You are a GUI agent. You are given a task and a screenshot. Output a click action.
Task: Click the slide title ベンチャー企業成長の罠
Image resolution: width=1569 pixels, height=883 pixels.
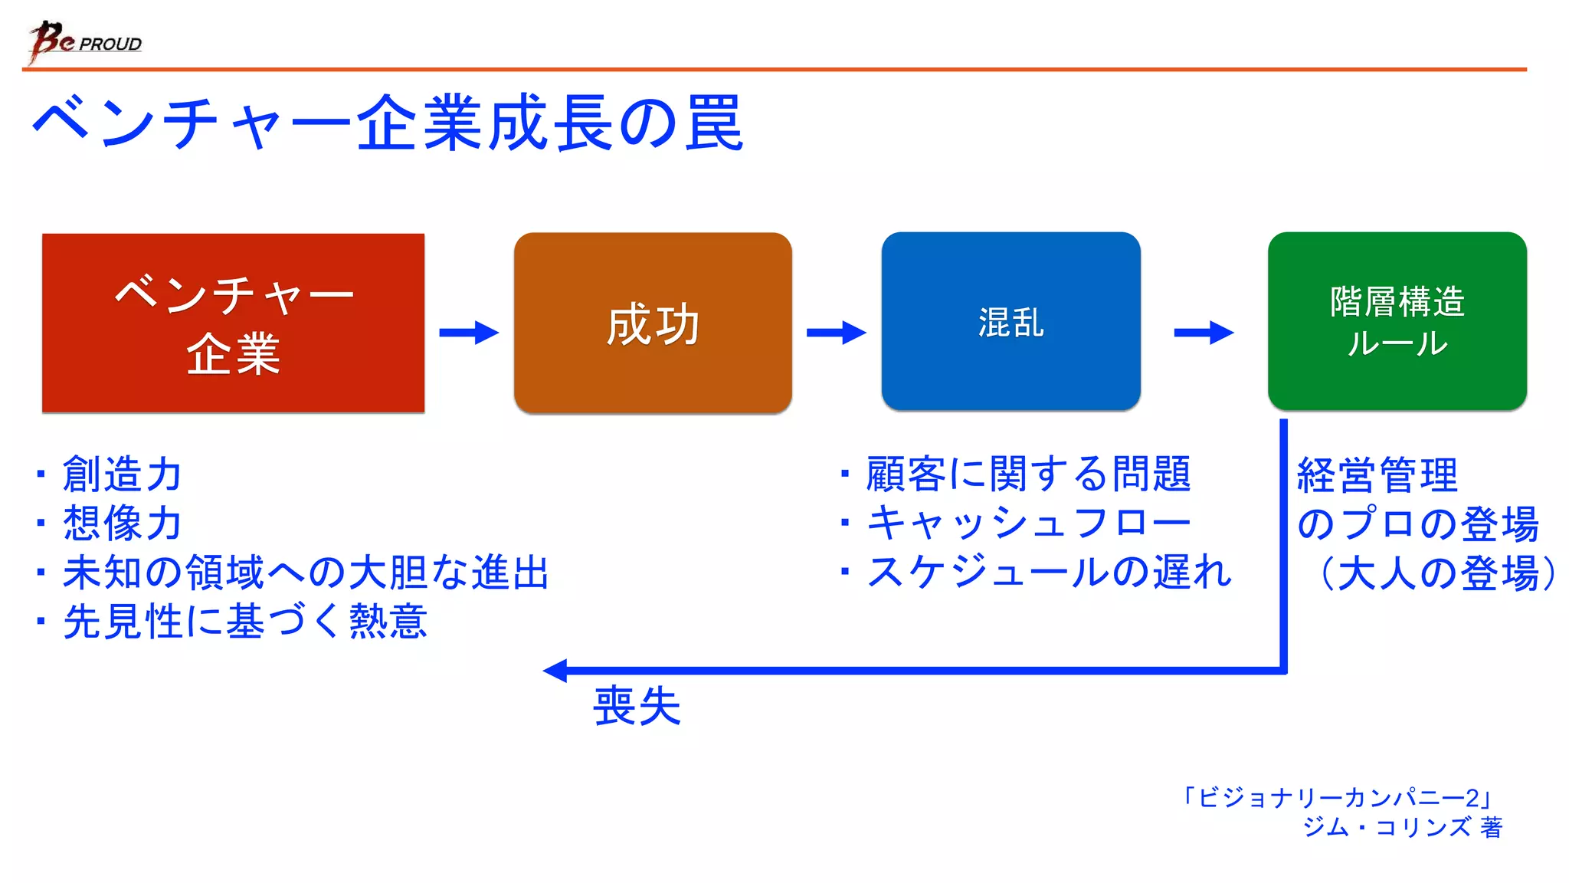[x=388, y=123]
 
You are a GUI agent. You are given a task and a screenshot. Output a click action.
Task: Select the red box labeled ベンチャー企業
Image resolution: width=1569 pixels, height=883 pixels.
[x=233, y=323]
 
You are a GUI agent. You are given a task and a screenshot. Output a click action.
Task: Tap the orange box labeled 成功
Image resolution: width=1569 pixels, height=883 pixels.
[x=653, y=323]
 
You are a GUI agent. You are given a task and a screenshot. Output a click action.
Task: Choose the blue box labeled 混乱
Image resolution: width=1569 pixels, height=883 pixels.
[x=1011, y=321]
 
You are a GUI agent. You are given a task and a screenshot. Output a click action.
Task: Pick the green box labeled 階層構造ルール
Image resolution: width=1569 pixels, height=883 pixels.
[x=1397, y=321]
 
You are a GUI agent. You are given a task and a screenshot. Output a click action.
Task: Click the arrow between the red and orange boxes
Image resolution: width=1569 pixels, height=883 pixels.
[x=469, y=333]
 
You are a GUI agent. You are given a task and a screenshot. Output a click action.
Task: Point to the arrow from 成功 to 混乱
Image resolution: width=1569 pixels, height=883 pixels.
[x=836, y=333]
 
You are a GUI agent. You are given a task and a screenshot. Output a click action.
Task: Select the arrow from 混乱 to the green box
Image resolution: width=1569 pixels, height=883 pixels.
[x=1204, y=333]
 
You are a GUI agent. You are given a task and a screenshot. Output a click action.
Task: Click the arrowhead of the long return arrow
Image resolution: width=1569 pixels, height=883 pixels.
[x=555, y=671]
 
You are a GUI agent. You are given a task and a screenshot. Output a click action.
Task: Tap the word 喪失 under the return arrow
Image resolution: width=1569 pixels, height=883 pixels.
[x=637, y=706]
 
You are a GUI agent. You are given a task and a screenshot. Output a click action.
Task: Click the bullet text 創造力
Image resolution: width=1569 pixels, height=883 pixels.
[x=123, y=474]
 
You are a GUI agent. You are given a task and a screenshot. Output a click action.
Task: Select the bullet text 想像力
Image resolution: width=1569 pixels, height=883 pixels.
[x=123, y=523]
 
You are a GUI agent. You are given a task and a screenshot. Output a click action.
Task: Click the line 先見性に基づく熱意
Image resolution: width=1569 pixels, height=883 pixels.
[x=245, y=622]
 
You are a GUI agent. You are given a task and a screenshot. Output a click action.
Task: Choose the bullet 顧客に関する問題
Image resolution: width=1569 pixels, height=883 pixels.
[x=1028, y=474]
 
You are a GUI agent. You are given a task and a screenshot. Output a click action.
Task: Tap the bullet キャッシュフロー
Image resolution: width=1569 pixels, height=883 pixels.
[x=1028, y=523]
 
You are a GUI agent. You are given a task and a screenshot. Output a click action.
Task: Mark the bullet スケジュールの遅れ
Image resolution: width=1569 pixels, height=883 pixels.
[x=1048, y=573]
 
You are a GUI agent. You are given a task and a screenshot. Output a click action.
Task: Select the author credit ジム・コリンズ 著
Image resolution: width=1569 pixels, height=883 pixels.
[x=1402, y=827]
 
